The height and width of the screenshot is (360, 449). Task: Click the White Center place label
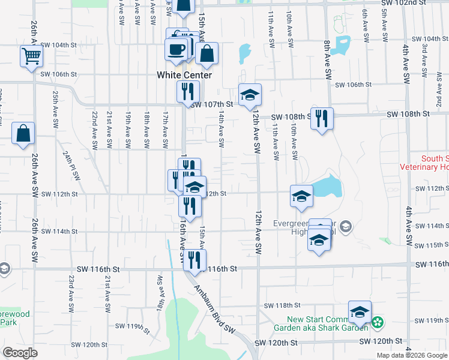[x=184, y=75]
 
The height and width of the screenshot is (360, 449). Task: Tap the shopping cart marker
[x=31, y=56]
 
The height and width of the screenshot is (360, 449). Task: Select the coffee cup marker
[x=176, y=50]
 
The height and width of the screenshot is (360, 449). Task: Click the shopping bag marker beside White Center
[x=206, y=53]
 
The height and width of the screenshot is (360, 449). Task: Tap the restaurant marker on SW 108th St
[x=322, y=118]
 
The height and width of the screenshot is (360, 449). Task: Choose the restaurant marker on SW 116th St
[x=194, y=260]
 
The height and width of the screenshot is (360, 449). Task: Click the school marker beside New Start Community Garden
[x=360, y=312]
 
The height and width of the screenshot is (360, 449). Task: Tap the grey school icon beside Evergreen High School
[x=345, y=227]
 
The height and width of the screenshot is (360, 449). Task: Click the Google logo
[x=20, y=353]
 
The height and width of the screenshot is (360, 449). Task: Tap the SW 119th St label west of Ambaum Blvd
[x=137, y=327]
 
